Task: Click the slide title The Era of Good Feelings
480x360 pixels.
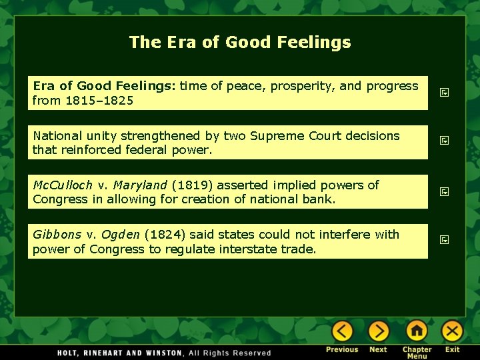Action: (x=240, y=43)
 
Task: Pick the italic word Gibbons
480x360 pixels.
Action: (x=57, y=235)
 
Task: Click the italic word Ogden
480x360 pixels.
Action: (x=121, y=235)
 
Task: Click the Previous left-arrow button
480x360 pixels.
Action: (x=342, y=331)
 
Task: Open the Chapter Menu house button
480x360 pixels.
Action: (x=417, y=331)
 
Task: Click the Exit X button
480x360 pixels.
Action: (x=452, y=331)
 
